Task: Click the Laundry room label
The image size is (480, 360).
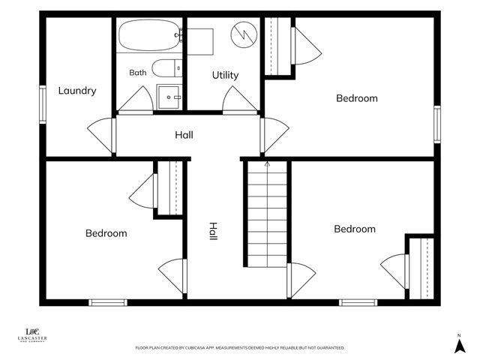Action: (x=77, y=91)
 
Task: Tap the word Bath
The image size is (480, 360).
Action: (x=138, y=73)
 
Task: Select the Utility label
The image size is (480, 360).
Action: (x=225, y=75)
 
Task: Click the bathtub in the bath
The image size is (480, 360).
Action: (x=150, y=35)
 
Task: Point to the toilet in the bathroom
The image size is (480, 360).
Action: (x=166, y=68)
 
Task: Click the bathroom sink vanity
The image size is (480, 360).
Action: (x=169, y=97)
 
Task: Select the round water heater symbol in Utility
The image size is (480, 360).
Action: (x=244, y=34)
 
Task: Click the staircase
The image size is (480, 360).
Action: (x=267, y=214)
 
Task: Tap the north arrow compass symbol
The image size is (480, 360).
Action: (x=460, y=344)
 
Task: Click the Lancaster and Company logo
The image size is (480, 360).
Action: (x=32, y=335)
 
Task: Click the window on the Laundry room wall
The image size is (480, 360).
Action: (x=43, y=105)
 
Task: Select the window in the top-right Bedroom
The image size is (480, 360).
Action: (x=437, y=124)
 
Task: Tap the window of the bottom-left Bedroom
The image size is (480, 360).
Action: (x=108, y=302)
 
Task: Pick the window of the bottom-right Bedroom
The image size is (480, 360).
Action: (x=358, y=302)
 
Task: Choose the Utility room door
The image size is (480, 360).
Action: (x=240, y=100)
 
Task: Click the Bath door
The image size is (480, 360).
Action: (x=136, y=100)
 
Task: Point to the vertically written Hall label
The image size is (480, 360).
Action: (x=213, y=231)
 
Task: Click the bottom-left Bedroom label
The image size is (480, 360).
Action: (x=106, y=233)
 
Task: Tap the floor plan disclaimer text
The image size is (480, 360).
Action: (x=240, y=348)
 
